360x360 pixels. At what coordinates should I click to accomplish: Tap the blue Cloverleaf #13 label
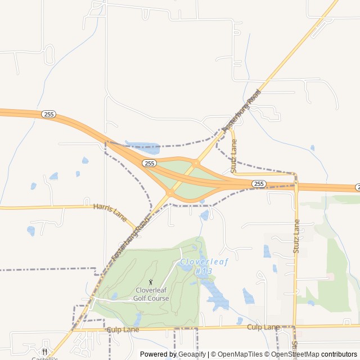[x=196, y=266]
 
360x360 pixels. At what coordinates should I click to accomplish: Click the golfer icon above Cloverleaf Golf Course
[x=150, y=282]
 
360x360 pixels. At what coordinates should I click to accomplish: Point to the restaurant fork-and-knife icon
[x=44, y=352]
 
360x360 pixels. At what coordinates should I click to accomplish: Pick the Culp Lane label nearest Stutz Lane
[x=263, y=327]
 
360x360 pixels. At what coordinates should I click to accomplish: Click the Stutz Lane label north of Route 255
[x=234, y=156]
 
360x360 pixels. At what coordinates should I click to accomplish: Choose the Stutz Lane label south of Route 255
[x=296, y=236]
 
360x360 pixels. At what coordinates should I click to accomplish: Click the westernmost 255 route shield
[x=48, y=114]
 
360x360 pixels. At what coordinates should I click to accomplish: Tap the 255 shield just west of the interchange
[x=149, y=163]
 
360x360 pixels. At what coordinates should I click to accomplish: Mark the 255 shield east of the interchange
[x=259, y=184]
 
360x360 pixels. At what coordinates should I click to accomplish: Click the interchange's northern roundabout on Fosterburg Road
[x=196, y=163]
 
